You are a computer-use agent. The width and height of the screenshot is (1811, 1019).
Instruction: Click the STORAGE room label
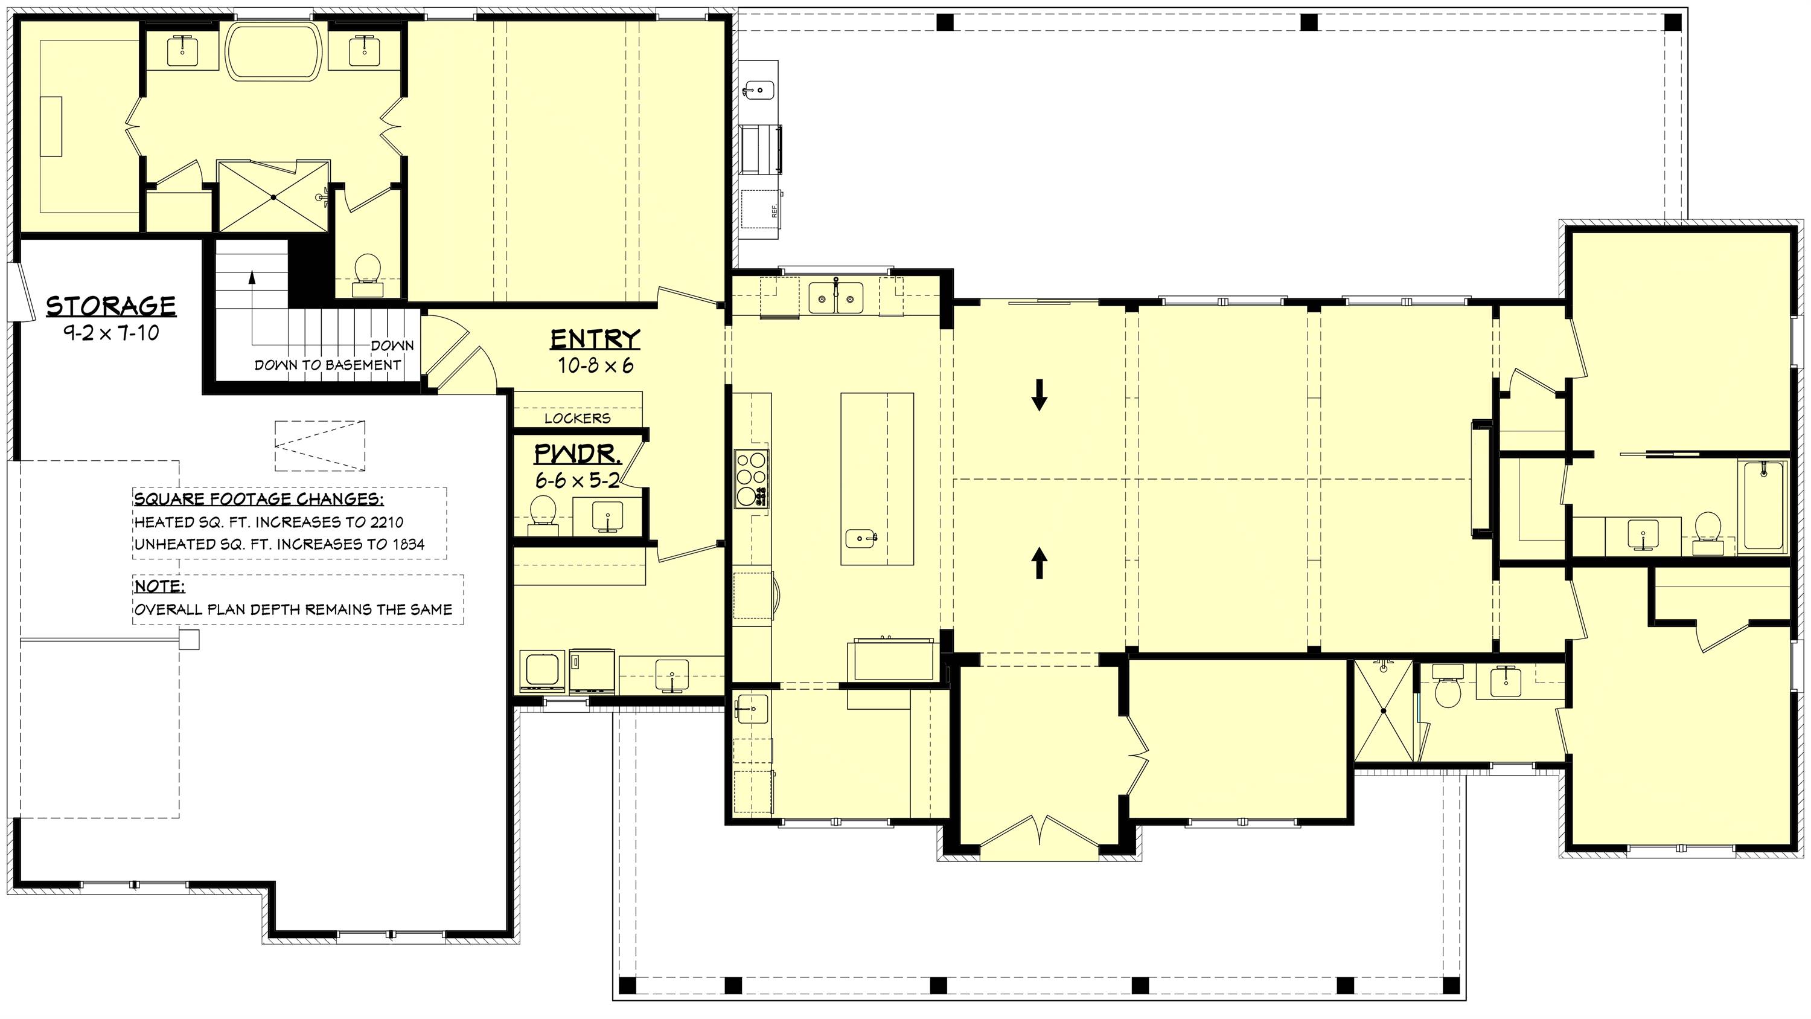(111, 306)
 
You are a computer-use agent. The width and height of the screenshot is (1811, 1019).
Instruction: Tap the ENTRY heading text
(595, 339)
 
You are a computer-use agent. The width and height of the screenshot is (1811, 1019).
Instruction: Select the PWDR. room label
(577, 454)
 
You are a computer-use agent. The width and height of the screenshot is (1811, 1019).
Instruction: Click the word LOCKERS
(577, 419)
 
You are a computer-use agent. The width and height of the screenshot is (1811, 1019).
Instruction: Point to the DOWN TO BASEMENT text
(327, 365)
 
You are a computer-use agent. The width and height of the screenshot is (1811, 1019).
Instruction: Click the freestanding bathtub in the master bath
(275, 51)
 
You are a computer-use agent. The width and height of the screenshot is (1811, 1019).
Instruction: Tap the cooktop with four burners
(751, 478)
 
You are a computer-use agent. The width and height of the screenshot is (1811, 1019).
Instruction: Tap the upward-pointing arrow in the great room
(1039, 562)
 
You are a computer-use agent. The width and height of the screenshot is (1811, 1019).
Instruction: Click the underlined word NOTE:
(159, 587)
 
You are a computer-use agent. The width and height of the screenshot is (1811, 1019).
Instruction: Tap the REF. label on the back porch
(775, 210)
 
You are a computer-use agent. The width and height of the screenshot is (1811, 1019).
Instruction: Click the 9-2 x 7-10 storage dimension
(111, 333)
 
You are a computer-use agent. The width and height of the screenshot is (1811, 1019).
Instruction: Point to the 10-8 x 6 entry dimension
(595, 365)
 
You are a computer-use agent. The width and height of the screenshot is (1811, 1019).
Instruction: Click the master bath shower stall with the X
(273, 197)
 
